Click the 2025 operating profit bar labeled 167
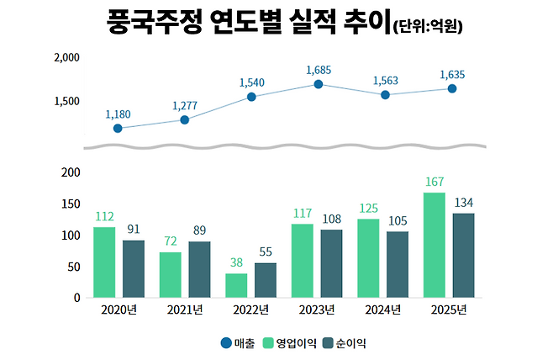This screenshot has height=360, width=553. (x=434, y=245)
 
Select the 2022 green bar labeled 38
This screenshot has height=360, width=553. (x=237, y=285)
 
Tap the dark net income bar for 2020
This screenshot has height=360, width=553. (x=134, y=268)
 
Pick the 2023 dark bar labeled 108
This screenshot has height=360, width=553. (x=331, y=263)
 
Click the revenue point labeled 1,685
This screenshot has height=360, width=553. (x=319, y=84)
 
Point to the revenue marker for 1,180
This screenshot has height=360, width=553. (x=118, y=129)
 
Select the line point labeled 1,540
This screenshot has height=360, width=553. (x=251, y=97)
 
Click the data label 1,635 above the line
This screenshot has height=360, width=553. (x=452, y=74)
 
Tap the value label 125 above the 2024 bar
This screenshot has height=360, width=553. (x=368, y=208)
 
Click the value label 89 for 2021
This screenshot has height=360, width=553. (x=200, y=230)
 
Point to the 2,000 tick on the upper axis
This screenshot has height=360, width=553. (x=66, y=58)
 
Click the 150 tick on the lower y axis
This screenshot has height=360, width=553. (x=71, y=204)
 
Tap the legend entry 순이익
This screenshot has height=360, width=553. (x=349, y=343)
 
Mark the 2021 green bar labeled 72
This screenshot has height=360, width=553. (x=171, y=274)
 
